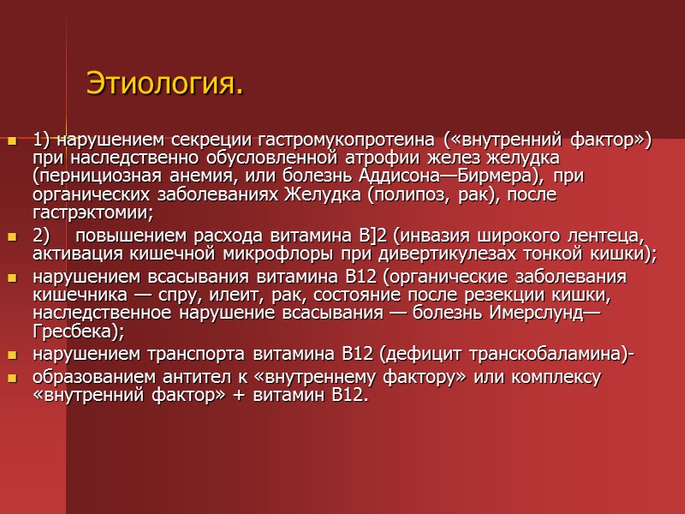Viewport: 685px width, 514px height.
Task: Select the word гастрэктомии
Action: coord(91,212)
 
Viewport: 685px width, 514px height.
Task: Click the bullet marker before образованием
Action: coord(12,378)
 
